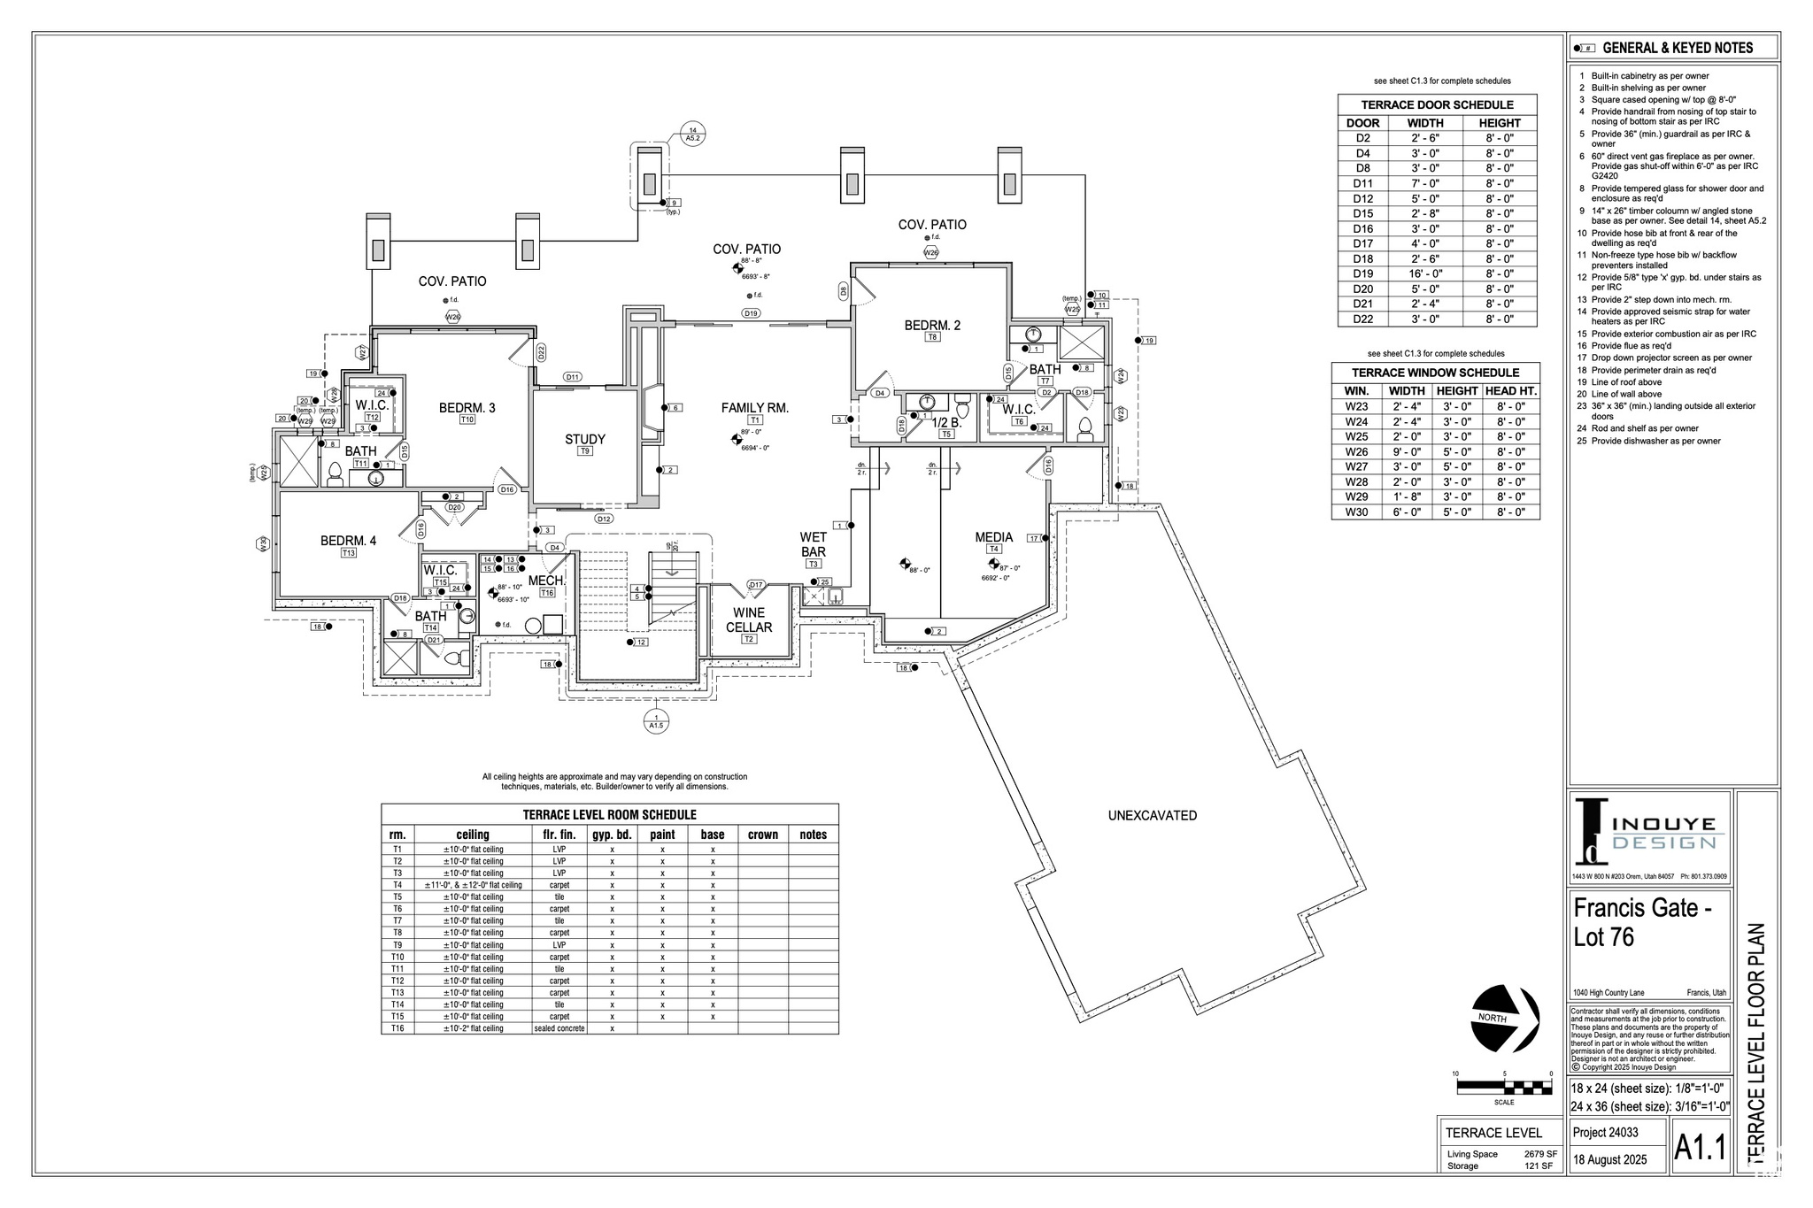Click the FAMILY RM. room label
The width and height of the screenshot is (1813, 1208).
click(754, 408)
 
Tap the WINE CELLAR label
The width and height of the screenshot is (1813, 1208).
click(749, 619)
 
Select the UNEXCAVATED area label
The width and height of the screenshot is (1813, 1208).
click(1152, 815)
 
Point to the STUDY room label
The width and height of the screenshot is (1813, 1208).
click(585, 439)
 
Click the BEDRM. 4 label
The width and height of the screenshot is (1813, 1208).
click(348, 540)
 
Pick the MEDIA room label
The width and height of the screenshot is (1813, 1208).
click(993, 537)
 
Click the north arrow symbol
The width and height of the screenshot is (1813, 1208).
click(1504, 1019)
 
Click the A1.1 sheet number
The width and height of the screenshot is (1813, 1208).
click(1701, 1148)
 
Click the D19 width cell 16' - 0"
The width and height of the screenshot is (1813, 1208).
click(1424, 273)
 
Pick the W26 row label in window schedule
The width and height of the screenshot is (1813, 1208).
click(1356, 451)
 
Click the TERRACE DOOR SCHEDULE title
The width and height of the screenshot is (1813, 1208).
click(1437, 104)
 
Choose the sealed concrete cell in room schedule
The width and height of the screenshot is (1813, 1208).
click(559, 1028)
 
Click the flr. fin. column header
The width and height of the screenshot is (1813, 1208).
click(559, 835)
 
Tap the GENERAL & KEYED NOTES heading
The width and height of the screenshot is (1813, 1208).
click(1677, 48)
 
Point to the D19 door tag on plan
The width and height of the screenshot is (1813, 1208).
click(750, 313)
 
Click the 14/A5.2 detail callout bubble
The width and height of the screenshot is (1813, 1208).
click(692, 133)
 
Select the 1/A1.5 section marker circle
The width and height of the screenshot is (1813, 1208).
click(655, 721)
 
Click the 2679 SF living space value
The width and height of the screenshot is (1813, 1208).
click(1539, 1154)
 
